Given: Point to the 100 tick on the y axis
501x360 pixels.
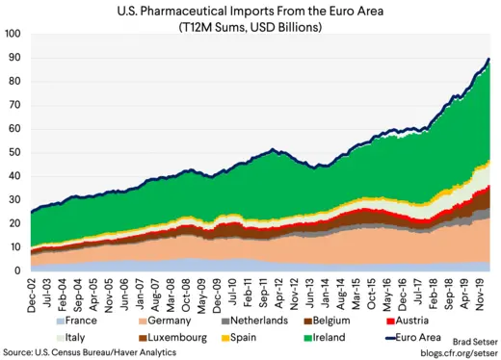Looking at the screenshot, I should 13,33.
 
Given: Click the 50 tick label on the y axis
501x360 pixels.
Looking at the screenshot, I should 14,152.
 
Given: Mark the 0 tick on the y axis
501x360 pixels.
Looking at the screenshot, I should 17,270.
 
